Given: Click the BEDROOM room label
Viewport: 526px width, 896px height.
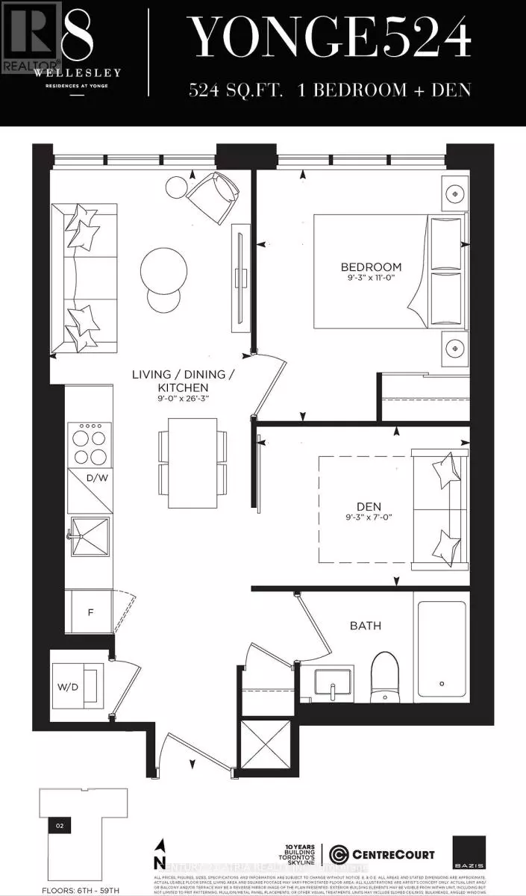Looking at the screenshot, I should coord(371,267).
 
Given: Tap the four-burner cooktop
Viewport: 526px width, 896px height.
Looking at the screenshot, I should coord(89,444).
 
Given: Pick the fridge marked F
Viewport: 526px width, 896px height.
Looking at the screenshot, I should coord(90,612).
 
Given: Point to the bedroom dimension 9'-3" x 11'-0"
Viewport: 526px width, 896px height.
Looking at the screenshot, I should coord(371,279).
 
